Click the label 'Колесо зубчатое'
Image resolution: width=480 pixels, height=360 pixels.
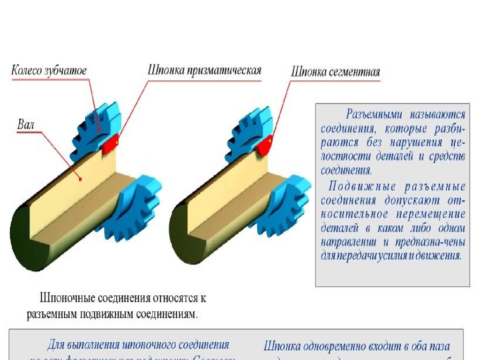(x=49, y=71)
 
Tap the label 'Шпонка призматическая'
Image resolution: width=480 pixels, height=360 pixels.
(x=204, y=71)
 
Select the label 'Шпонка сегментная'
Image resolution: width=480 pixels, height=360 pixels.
(x=335, y=72)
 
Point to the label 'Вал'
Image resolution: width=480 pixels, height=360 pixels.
(x=26, y=125)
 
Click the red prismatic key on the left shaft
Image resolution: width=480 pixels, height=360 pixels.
(x=110, y=143)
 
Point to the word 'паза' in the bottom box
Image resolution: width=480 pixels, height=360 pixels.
(x=439, y=347)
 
